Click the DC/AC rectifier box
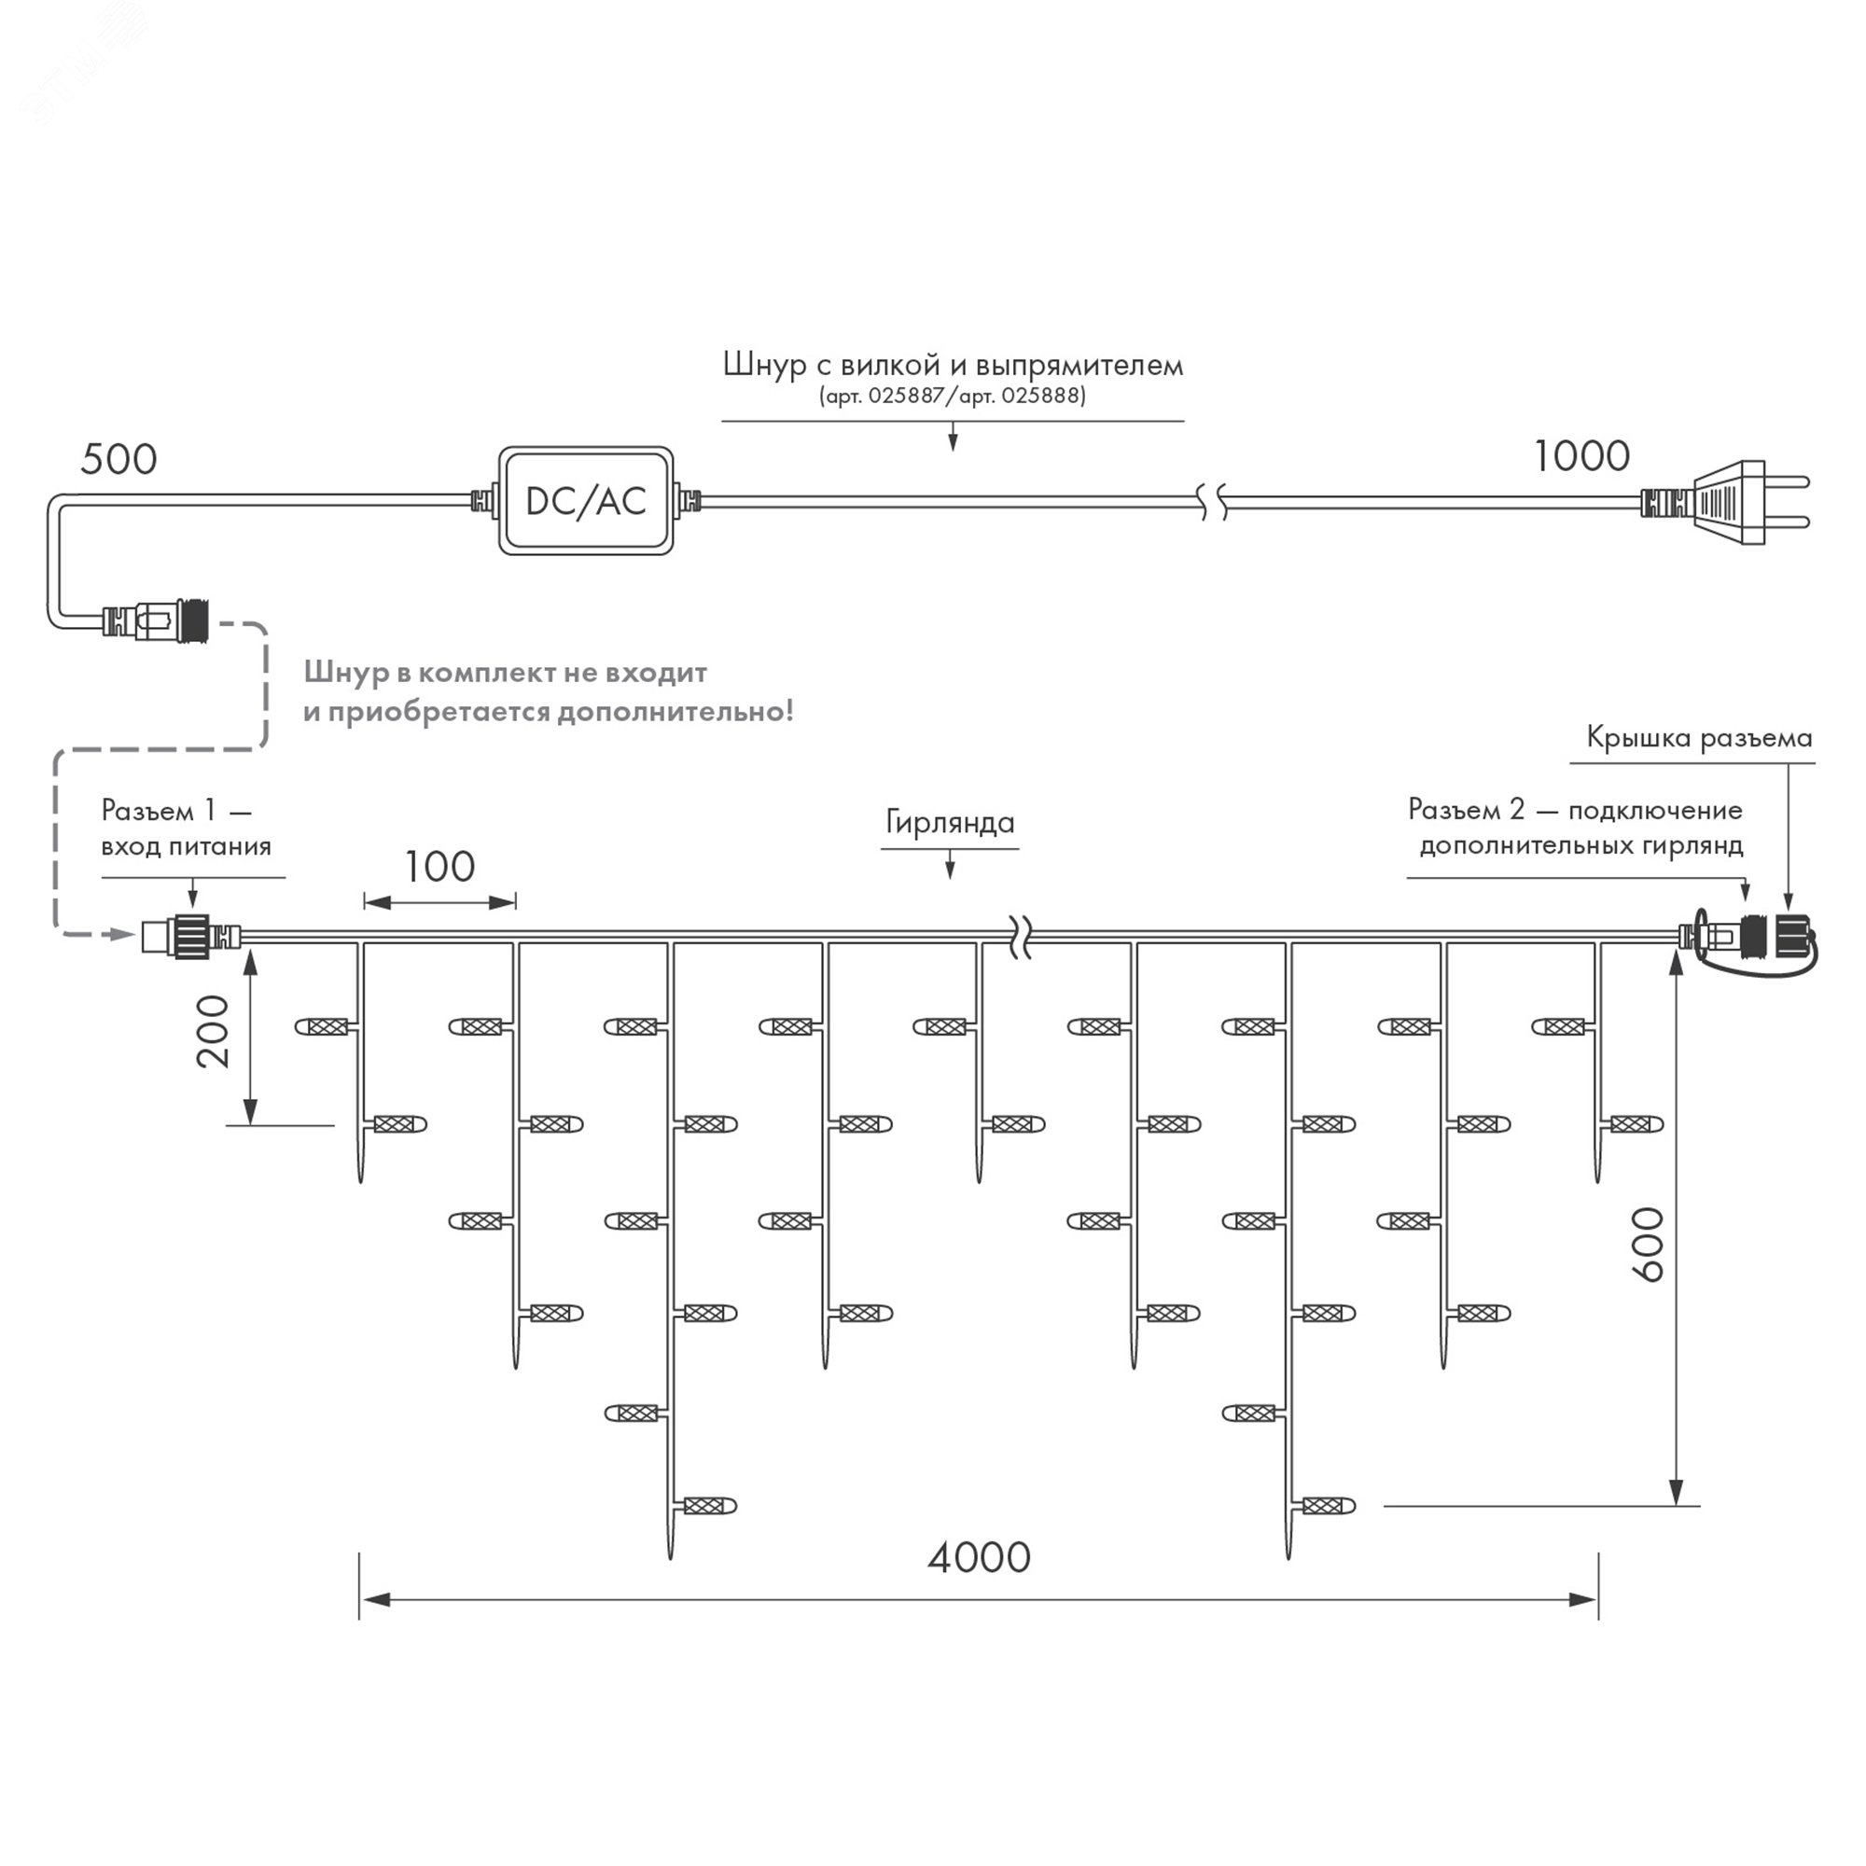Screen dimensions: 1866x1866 point(585,500)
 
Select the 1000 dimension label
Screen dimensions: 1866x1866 point(1581,456)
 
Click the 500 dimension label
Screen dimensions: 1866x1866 point(118,459)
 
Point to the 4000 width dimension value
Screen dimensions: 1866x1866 point(979,1557)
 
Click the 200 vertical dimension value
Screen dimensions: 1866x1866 point(214,1031)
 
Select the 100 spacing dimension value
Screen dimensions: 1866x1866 point(439,867)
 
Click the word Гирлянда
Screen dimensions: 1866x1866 point(950,822)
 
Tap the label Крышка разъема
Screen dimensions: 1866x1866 point(1699,738)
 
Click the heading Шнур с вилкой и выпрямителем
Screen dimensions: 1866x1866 point(953,364)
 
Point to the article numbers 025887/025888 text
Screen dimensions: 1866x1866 point(953,395)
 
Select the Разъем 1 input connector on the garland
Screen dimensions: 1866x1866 point(190,935)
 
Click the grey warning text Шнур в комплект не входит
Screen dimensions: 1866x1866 point(505,672)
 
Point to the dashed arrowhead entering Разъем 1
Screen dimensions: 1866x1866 point(119,934)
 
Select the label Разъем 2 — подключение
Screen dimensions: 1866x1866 point(1574,809)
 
